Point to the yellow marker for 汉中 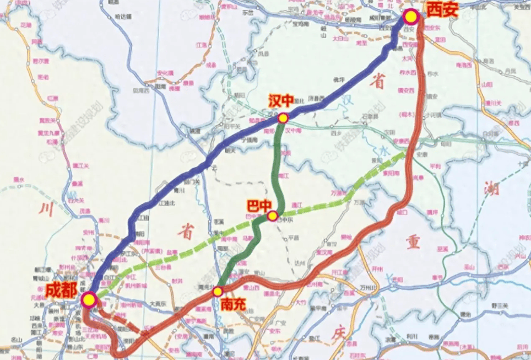click(283, 118)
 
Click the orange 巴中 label click(259, 206)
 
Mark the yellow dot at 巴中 click(273, 216)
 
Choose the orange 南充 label click(232, 304)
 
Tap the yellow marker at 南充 click(218, 291)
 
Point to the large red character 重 click(413, 243)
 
